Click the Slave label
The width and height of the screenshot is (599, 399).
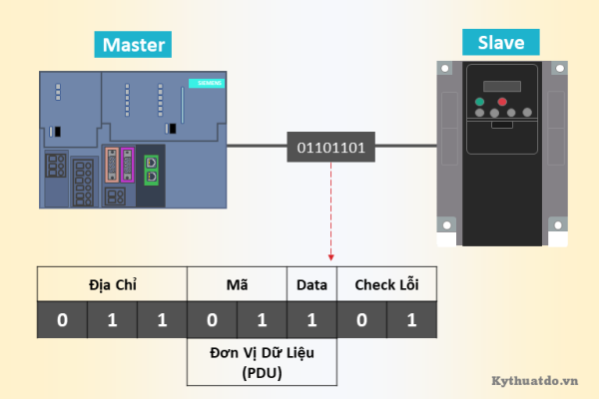pos(499,41)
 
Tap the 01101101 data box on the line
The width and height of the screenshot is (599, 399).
pos(331,149)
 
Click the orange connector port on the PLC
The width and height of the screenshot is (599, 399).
pos(111,164)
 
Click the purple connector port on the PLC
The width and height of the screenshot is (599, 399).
pos(128,164)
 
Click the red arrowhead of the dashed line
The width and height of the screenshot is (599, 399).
pos(331,255)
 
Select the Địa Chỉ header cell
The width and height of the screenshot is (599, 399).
pos(112,285)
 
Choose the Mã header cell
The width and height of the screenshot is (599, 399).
pos(237,285)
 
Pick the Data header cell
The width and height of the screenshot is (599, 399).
pos(311,285)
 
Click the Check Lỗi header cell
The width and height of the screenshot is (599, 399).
pos(386,285)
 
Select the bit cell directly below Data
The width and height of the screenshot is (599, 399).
pos(311,320)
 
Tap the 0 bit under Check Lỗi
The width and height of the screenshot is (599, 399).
pos(361,320)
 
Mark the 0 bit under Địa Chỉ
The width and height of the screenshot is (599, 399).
pos(62,320)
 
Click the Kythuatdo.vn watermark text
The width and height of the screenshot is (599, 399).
pos(536,380)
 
